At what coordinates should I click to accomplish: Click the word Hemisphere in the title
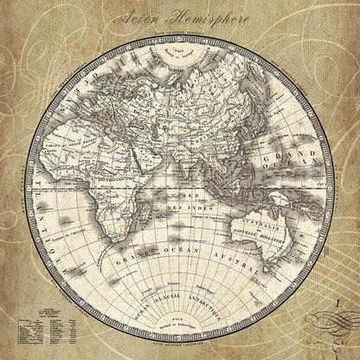point(213,17)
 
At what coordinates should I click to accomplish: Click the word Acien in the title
point(142,17)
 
